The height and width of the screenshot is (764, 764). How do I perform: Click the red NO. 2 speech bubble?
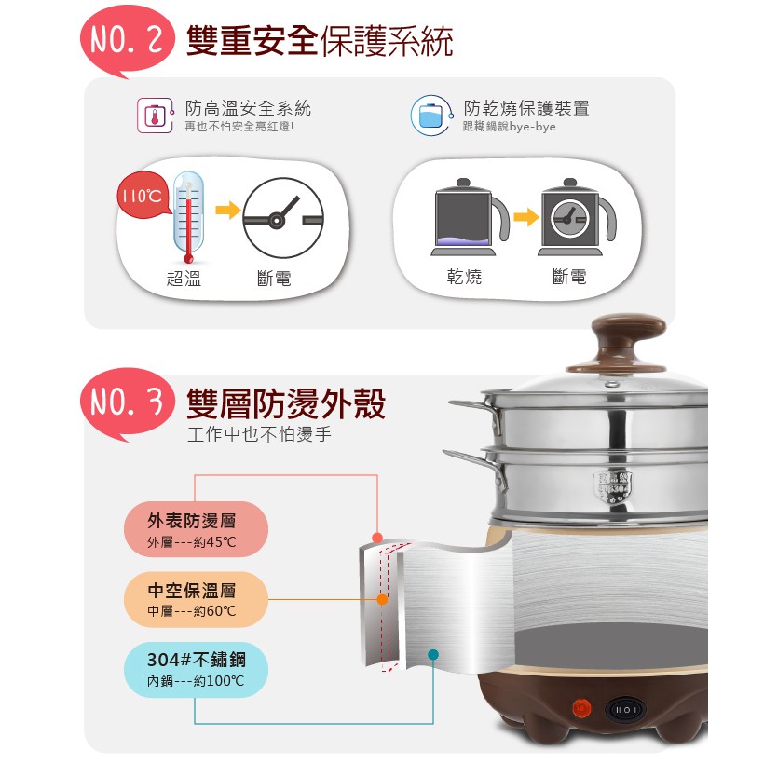point(127,41)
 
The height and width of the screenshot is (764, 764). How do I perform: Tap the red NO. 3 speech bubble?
point(127,403)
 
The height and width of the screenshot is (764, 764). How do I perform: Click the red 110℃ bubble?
point(143,195)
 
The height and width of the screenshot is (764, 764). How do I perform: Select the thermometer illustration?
point(188,217)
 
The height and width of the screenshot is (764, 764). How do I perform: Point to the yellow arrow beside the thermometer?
point(227,211)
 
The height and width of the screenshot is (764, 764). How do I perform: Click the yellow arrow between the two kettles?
point(525,217)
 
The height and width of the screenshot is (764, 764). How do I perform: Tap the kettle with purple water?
point(470,217)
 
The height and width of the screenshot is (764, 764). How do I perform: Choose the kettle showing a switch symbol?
point(577,217)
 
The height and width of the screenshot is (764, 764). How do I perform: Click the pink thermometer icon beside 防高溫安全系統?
point(156,116)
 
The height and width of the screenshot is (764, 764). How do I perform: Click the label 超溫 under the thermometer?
point(184,279)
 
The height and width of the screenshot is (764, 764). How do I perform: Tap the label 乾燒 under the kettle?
point(464,277)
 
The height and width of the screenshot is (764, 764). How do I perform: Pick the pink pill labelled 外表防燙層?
point(196,529)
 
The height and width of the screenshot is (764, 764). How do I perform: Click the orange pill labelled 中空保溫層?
point(196,599)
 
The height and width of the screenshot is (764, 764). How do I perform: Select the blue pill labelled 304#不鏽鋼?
point(196,670)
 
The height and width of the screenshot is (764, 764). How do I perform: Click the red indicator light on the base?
point(581,707)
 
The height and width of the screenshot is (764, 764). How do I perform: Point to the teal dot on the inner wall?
point(432,655)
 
